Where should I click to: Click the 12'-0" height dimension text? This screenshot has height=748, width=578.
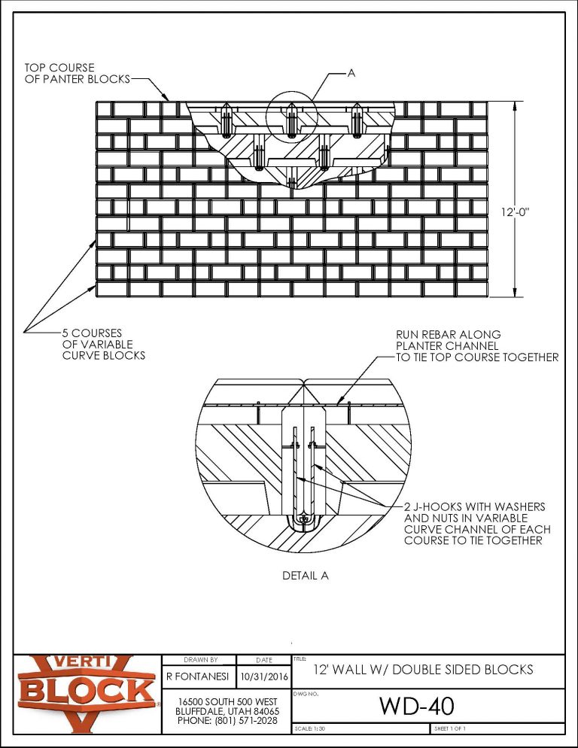coord(517,213)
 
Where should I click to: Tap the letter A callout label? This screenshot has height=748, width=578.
coord(351,73)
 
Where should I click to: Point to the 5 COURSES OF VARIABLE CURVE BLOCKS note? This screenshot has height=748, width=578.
coord(103,343)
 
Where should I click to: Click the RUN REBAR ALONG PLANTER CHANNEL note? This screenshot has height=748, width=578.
coord(476,345)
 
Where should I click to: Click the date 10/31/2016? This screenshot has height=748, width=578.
coord(263,676)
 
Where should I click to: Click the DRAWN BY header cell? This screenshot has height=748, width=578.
coord(200,659)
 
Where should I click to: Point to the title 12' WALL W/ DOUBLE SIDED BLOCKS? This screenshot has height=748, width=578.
coord(422,669)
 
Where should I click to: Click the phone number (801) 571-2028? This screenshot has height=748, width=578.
coord(226,721)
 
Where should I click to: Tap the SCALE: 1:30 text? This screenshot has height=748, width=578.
coord(311,729)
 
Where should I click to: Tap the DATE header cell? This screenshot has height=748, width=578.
coord(263,659)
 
